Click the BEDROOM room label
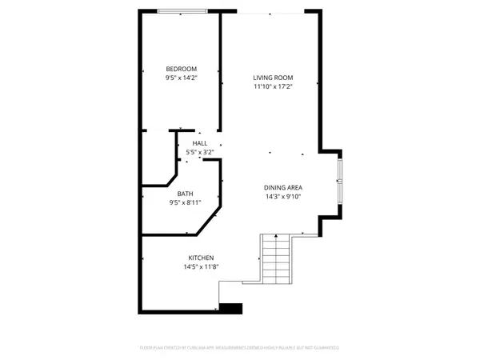tap(181, 69)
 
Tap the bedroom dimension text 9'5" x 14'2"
tap(181, 78)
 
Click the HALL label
tap(199, 143)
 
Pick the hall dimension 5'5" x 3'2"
tap(199, 152)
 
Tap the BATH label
tap(185, 194)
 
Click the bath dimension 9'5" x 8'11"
tap(185, 202)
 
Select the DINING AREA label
tap(284, 187)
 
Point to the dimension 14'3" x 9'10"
tap(284, 197)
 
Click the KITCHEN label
tap(200, 258)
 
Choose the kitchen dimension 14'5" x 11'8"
tap(200, 266)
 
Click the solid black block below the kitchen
tap(230, 307)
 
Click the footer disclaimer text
tap(239, 348)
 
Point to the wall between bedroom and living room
tap(221, 72)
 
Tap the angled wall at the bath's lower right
tap(208, 222)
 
